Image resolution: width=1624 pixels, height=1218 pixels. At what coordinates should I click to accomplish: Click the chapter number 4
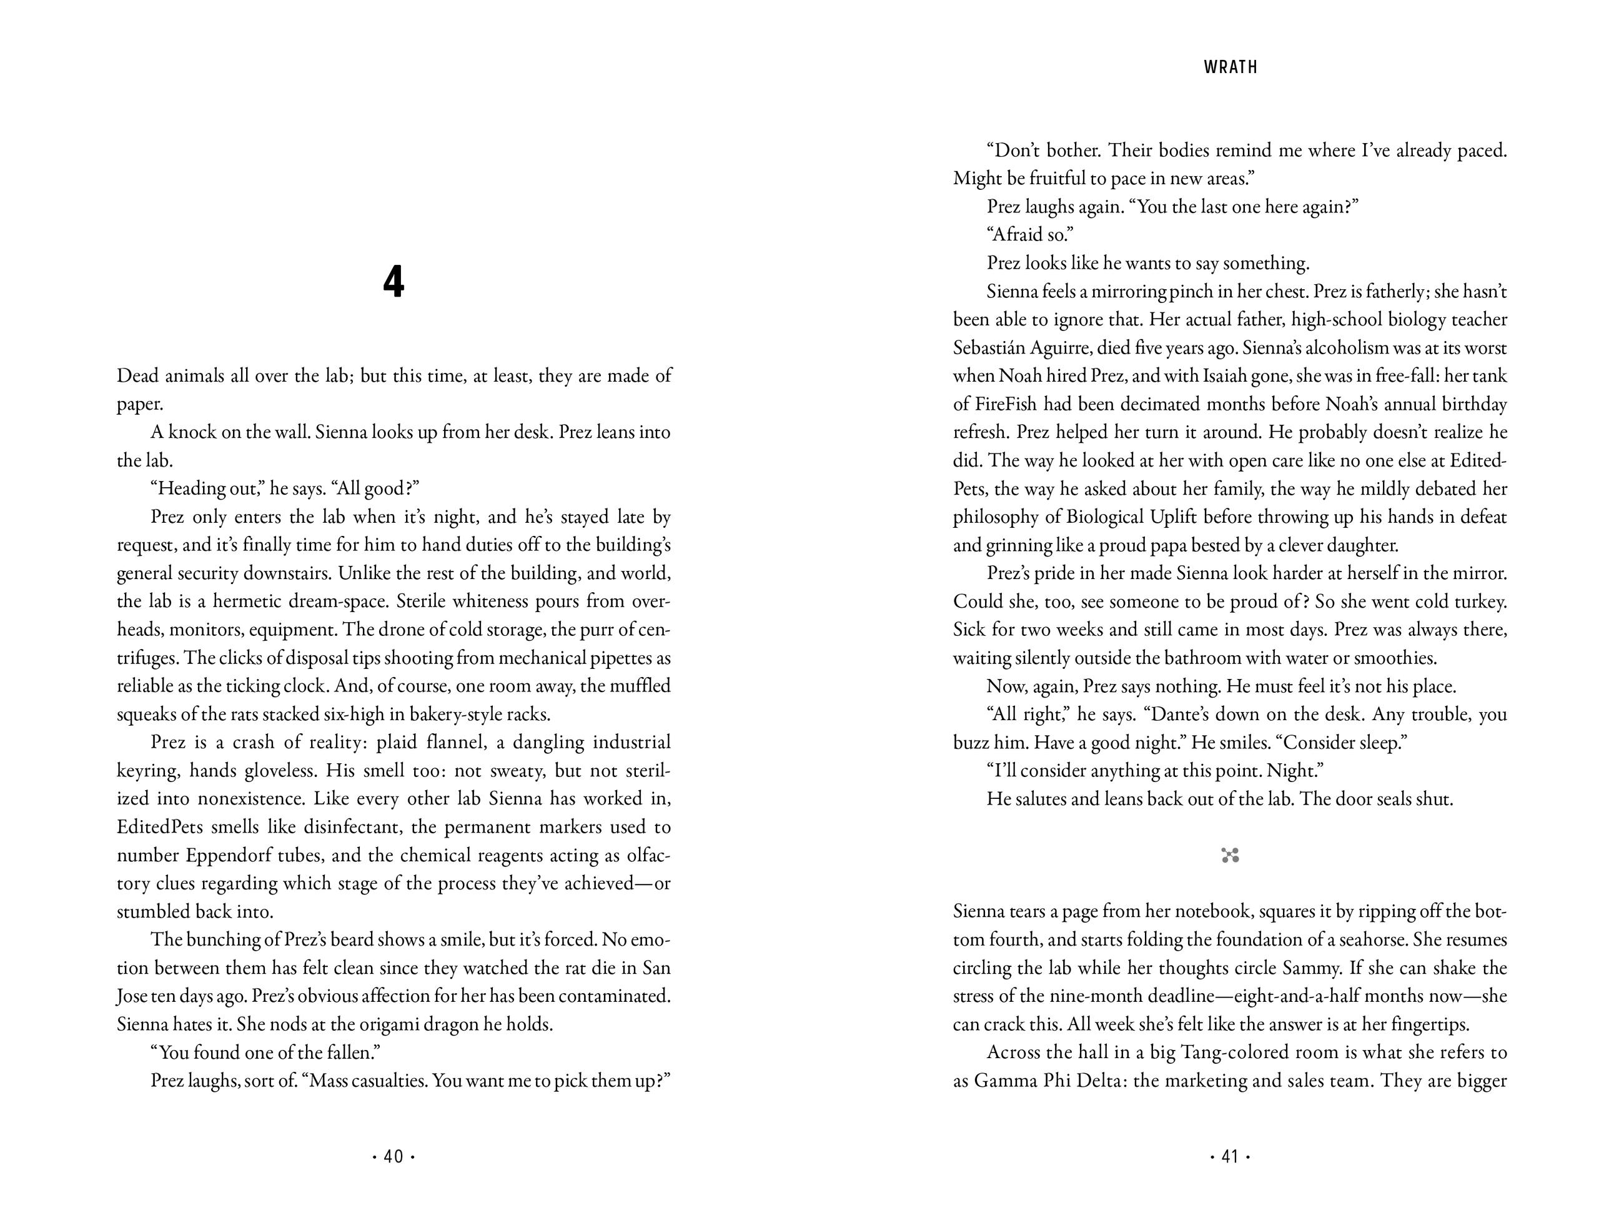pyautogui.click(x=394, y=282)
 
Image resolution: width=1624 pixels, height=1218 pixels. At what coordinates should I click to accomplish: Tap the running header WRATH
pyautogui.click(x=1230, y=67)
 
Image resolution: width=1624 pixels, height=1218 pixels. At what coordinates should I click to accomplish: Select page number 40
pyautogui.click(x=394, y=1157)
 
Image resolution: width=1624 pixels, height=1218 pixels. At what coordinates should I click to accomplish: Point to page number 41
pyautogui.click(x=1230, y=1157)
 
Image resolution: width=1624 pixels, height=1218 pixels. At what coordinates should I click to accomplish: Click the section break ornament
pyautogui.click(x=1230, y=854)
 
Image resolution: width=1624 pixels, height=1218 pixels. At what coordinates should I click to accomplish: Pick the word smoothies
pyautogui.click(x=1394, y=658)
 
